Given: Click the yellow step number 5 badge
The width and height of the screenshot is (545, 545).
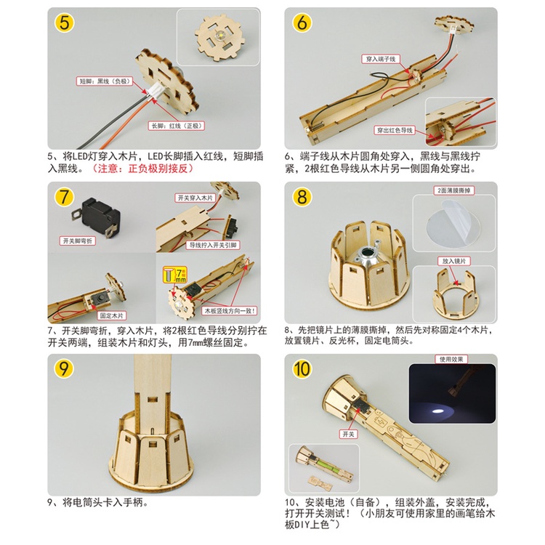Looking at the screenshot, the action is pyautogui.click(x=64, y=23).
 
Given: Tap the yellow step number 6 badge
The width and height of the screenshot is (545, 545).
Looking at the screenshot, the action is pyautogui.click(x=302, y=23).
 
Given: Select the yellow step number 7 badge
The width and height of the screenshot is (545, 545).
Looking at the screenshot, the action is pyautogui.click(x=64, y=197).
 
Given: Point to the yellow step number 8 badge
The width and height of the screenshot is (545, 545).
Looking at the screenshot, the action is pyautogui.click(x=302, y=197).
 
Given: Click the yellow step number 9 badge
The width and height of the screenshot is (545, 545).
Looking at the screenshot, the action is pyautogui.click(x=64, y=368).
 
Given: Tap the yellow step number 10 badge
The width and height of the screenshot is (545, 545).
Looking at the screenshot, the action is pyautogui.click(x=302, y=368).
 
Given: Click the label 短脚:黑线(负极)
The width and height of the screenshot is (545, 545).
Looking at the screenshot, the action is pyautogui.click(x=105, y=81).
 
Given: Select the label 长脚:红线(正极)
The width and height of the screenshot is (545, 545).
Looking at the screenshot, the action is pyautogui.click(x=177, y=126).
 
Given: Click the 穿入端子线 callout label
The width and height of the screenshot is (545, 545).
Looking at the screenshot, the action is pyautogui.click(x=381, y=59).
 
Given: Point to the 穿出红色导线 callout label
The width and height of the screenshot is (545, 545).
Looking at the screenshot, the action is pyautogui.click(x=395, y=130).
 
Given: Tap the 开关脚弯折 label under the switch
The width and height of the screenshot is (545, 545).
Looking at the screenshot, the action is pyautogui.click(x=78, y=241).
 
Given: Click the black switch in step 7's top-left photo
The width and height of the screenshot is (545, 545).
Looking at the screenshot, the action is pyautogui.click(x=97, y=217).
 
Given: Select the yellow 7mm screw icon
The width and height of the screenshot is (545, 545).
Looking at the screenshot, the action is pyautogui.click(x=175, y=275).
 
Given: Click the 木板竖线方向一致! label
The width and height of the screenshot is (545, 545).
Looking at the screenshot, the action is pyautogui.click(x=230, y=311).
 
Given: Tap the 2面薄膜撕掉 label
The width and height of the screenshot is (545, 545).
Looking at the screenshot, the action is pyautogui.click(x=454, y=190).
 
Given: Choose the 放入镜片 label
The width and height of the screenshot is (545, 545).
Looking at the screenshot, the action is pyautogui.click(x=454, y=261).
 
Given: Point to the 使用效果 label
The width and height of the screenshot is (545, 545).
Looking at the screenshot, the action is pyautogui.click(x=451, y=359).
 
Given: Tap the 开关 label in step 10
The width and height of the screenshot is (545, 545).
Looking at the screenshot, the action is pyautogui.click(x=348, y=434).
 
